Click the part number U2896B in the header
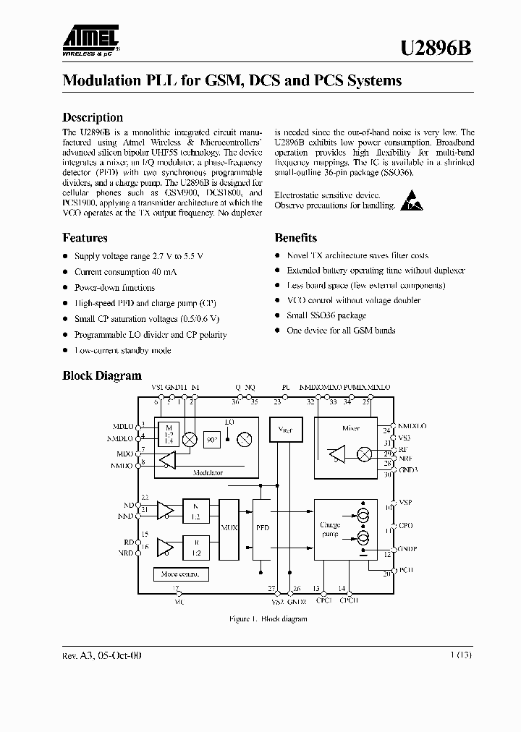coord(437,48)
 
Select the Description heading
coord(93,117)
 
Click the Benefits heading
coord(295,237)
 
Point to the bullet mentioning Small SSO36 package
coord(326,315)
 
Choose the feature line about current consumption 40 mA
coord(125,272)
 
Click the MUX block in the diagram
coord(228,528)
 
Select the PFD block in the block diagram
coord(262,528)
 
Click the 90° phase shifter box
coord(212,439)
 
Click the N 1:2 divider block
coord(195,512)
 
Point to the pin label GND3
coord(409,470)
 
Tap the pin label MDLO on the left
coord(124,427)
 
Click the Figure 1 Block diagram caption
coord(268,619)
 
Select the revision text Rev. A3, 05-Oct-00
coord(102,655)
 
